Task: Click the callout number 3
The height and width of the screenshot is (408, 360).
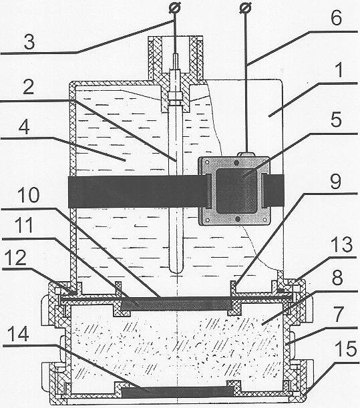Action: click(x=29, y=42)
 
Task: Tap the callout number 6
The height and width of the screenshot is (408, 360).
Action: click(x=336, y=17)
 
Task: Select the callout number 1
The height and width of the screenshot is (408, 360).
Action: click(x=339, y=69)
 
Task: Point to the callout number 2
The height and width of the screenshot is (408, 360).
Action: click(x=28, y=86)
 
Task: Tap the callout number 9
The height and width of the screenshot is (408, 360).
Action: click(x=335, y=182)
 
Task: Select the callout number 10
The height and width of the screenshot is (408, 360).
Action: click(x=29, y=195)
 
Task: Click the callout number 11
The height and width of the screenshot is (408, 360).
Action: click(x=24, y=225)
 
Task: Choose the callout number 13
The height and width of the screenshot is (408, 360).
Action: click(x=342, y=244)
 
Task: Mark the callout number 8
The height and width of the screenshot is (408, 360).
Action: click(x=337, y=278)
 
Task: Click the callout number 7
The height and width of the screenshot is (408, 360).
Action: click(x=339, y=314)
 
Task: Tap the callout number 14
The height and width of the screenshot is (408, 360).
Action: click(x=18, y=334)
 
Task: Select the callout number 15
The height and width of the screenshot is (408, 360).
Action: click(x=345, y=349)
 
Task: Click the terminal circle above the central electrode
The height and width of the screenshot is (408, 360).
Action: click(x=175, y=7)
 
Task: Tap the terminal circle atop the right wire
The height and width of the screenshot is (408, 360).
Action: click(x=245, y=7)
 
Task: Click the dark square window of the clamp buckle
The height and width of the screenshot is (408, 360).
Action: click(x=236, y=190)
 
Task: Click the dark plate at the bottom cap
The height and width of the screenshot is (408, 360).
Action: click(x=178, y=392)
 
